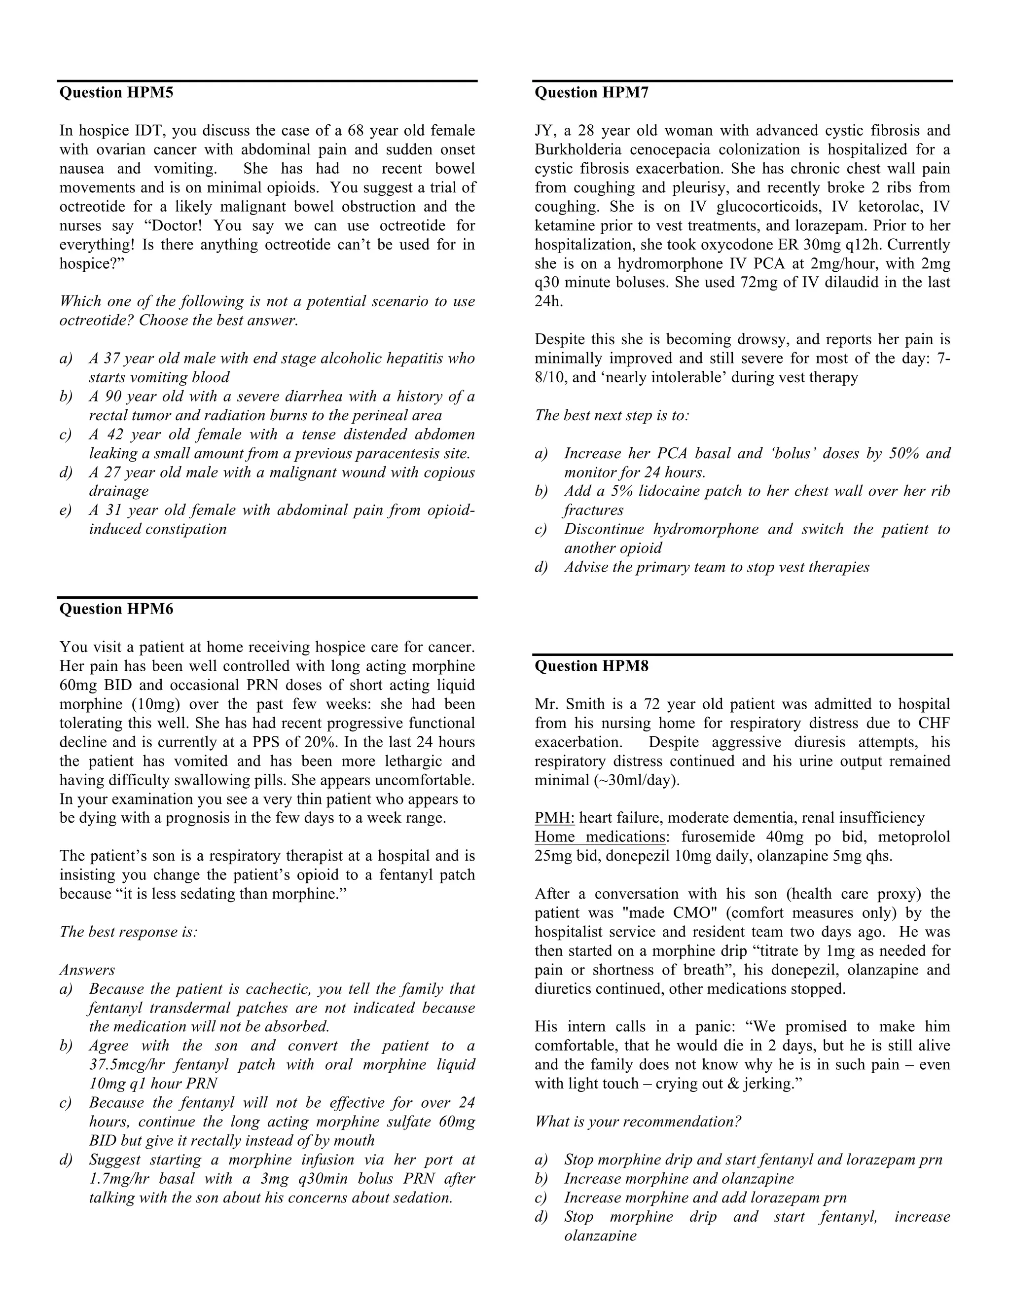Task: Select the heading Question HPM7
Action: [x=591, y=93]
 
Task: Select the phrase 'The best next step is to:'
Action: [x=612, y=415]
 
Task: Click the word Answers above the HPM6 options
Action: [x=87, y=970]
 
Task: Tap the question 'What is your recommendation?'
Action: [x=638, y=1122]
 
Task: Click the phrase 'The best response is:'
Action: [x=129, y=932]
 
